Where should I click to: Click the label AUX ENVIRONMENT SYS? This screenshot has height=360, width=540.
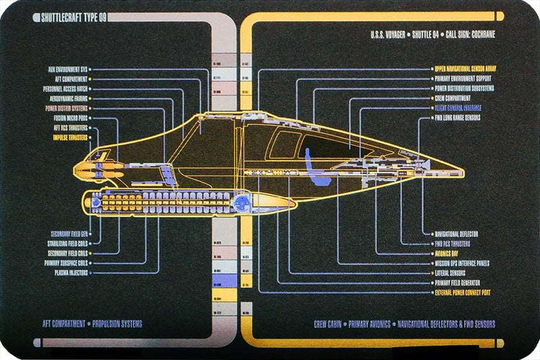[x=67, y=69]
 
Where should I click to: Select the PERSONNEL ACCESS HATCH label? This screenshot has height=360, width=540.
[x=66, y=88]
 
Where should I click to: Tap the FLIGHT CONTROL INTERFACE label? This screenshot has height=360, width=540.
[x=462, y=107]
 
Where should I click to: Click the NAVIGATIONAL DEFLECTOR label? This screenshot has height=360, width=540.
[x=462, y=234]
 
